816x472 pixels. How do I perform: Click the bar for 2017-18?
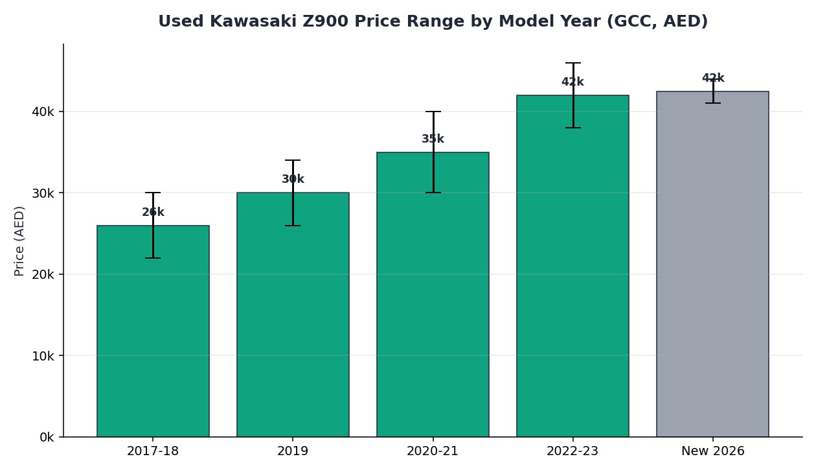[153, 331]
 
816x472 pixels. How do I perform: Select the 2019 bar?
[293, 314]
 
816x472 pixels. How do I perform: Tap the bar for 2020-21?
[433, 294]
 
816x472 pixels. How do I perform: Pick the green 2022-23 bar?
[572, 266]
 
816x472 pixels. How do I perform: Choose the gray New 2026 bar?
[712, 264]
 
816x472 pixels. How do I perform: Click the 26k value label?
[153, 212]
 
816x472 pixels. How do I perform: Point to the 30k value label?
[293, 179]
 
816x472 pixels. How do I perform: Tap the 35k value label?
[433, 139]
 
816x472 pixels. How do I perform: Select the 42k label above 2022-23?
[572, 82]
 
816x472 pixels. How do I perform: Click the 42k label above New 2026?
[713, 78]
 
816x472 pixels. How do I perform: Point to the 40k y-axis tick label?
[43, 112]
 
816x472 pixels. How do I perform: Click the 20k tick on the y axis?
[43, 274]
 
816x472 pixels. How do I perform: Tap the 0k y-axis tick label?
[47, 437]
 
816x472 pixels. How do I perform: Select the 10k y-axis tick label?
[43, 356]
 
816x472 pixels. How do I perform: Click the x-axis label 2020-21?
[433, 451]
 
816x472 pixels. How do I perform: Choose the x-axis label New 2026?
[713, 451]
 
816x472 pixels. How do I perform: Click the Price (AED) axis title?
[19, 241]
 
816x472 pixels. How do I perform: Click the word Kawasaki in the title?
[253, 21]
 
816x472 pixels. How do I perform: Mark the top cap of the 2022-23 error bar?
[573, 63]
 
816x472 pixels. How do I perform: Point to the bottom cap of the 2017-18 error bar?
[153, 258]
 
